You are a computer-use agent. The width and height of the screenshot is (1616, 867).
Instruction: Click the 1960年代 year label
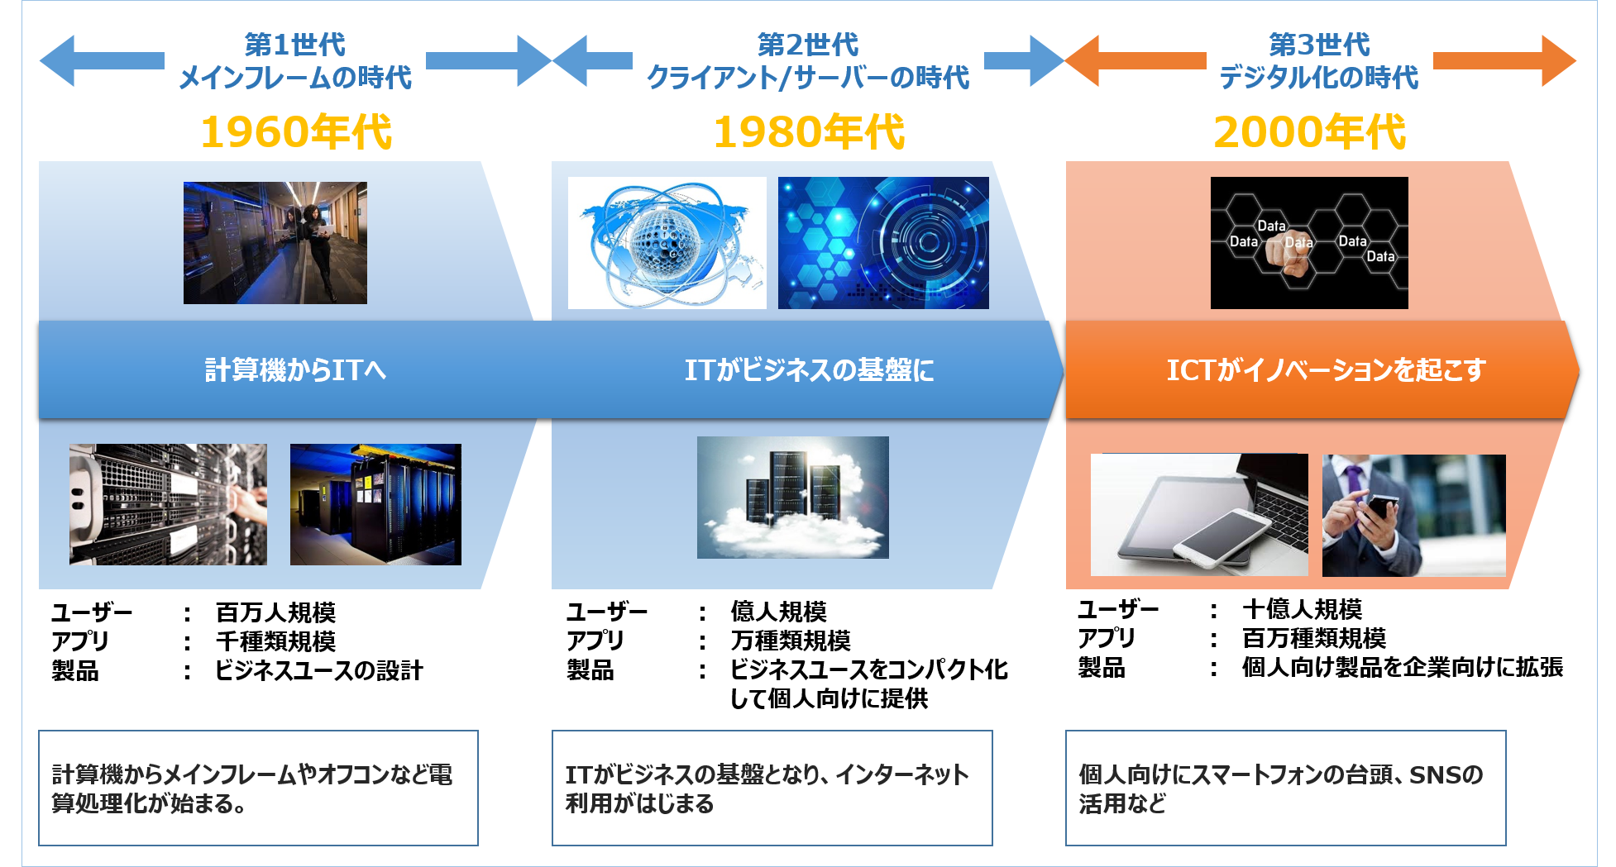click(x=296, y=132)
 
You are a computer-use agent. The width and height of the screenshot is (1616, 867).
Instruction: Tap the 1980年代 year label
click(x=809, y=132)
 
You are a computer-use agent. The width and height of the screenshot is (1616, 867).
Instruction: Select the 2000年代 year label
click(x=1309, y=132)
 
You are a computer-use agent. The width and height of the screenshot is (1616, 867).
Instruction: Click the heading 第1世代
click(x=295, y=45)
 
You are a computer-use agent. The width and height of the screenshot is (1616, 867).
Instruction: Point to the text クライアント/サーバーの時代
click(x=808, y=78)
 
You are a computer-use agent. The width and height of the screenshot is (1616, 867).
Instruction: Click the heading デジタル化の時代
click(x=1319, y=78)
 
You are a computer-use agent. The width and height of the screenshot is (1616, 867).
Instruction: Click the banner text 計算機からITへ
click(x=295, y=369)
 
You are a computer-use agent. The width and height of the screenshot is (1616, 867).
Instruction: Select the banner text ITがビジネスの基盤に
click(x=809, y=369)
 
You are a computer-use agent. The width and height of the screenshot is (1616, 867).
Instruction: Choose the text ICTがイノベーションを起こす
click(x=1326, y=369)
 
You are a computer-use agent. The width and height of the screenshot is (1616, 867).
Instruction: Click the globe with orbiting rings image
click(x=667, y=243)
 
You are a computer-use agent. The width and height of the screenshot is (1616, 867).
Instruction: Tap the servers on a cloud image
click(x=792, y=497)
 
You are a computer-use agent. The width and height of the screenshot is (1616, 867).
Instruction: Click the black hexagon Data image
click(x=1309, y=243)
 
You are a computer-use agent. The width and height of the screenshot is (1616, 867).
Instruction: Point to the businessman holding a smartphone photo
click(x=1413, y=515)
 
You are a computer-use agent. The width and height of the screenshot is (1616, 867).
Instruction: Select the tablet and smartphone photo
click(x=1199, y=515)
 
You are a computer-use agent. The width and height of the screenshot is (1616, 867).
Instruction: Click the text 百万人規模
click(x=275, y=612)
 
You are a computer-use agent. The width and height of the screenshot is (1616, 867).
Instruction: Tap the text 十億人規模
click(x=1302, y=609)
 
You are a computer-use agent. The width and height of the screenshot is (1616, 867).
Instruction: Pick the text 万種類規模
click(x=791, y=641)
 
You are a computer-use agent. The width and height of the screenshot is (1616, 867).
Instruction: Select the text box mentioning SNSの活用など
click(x=1285, y=788)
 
